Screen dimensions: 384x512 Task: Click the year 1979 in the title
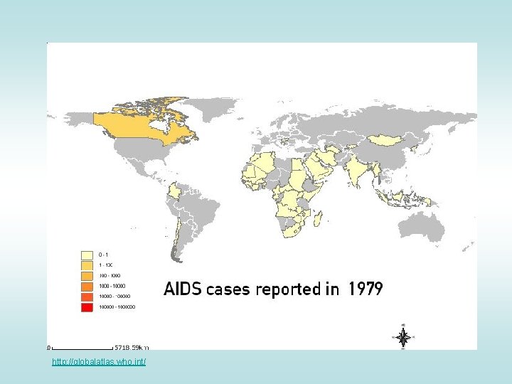(x=366, y=289)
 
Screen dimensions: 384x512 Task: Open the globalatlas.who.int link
(x=99, y=363)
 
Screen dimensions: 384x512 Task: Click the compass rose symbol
(x=402, y=337)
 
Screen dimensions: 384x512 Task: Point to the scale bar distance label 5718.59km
(x=133, y=348)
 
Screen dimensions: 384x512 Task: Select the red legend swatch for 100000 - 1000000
(x=87, y=307)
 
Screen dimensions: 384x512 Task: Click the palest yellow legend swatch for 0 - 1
(x=87, y=254)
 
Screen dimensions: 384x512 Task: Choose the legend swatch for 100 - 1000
(x=87, y=275)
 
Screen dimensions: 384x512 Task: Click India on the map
(x=362, y=174)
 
